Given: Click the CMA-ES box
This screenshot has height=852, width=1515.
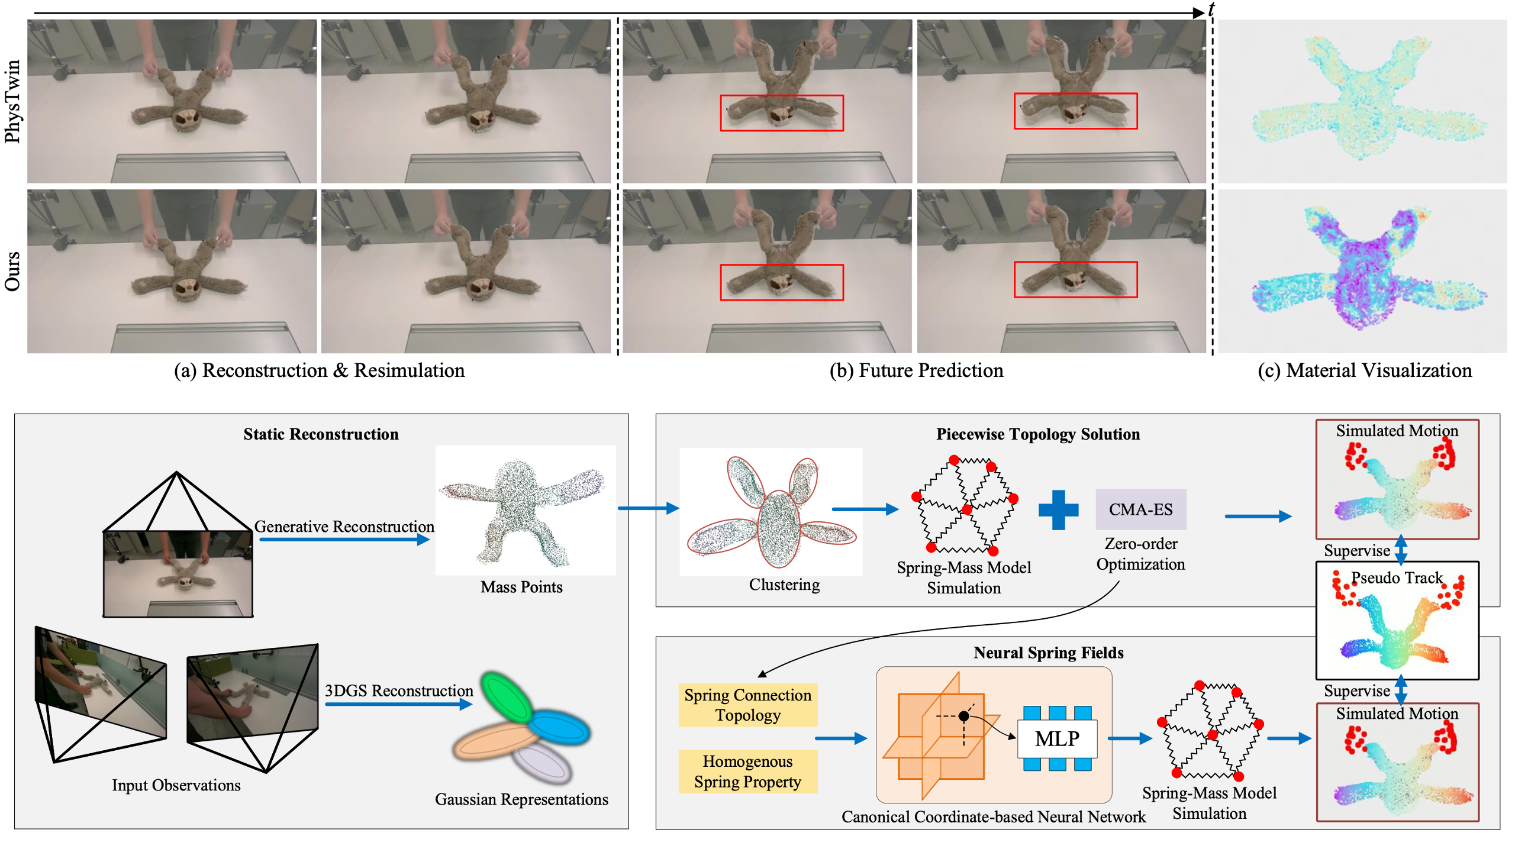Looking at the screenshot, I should click(x=1140, y=509).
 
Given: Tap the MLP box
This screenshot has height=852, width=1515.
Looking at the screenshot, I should click(x=1056, y=738).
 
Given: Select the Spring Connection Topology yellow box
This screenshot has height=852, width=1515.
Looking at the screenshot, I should click(x=747, y=705).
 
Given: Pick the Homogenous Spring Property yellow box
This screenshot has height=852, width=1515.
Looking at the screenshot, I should click(x=747, y=771).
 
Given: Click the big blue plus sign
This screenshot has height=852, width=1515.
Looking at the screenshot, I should click(x=1058, y=509).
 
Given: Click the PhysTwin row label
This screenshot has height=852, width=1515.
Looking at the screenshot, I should click(x=12, y=101).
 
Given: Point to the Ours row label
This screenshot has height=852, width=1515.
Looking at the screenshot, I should click(x=12, y=271).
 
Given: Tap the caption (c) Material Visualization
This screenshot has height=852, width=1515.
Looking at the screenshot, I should click(x=1364, y=370).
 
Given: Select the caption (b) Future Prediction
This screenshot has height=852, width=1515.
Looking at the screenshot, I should click(x=916, y=370).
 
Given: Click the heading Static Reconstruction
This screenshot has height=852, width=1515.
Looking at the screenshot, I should click(x=321, y=434).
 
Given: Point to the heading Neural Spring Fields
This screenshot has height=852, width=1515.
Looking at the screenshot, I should click(x=1048, y=653).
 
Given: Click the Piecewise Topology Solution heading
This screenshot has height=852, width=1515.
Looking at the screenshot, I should click(x=1037, y=434).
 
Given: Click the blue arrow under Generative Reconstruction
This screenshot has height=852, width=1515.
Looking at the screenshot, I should click(x=344, y=540).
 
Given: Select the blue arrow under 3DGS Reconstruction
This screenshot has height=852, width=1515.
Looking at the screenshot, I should click(x=398, y=704).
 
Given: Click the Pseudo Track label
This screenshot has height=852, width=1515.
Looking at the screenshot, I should click(x=1397, y=577).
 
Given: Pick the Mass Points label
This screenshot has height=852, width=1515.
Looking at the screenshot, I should click(x=521, y=587).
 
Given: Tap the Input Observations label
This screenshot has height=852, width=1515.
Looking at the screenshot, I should click(x=176, y=785).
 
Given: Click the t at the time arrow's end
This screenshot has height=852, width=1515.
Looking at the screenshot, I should click(x=1211, y=9).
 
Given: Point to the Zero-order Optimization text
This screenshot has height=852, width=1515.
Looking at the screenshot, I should click(x=1140, y=554).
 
